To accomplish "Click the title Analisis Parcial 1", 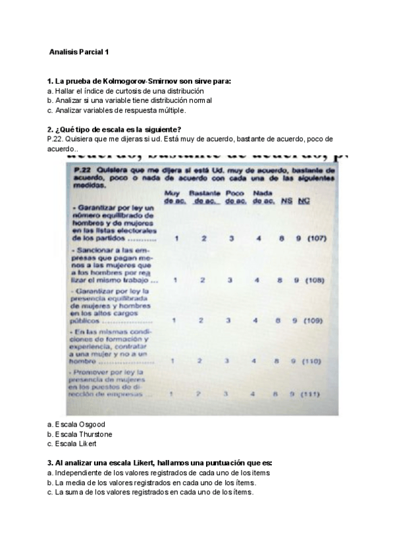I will point(79,51).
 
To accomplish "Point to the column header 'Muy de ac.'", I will point(172,196).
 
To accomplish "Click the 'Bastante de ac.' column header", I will point(204,196).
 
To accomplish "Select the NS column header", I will point(286,200).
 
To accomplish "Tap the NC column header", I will point(303,200).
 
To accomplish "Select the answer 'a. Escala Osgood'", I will point(76,425).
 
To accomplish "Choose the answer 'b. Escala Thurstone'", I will point(80,434).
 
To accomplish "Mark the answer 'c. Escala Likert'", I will point(72,444).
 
